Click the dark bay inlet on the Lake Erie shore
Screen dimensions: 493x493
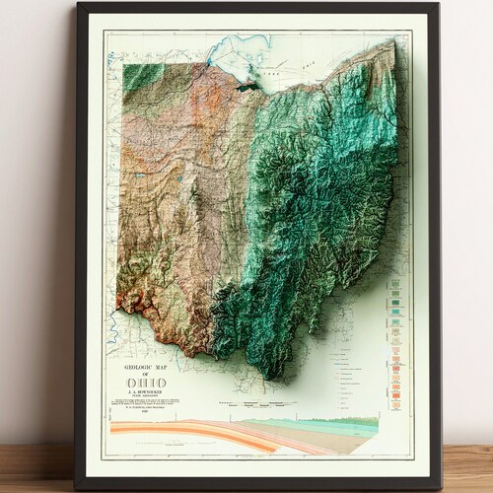(x=246, y=86)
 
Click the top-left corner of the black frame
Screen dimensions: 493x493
(x=77, y=5)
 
